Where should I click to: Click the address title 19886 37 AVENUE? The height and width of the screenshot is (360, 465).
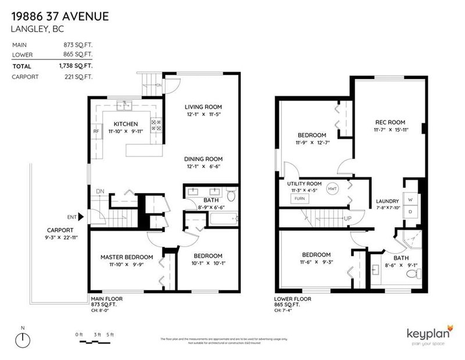(59, 17)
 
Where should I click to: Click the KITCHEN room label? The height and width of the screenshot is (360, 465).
(126, 124)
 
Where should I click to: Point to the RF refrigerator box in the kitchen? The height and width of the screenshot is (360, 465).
(96, 131)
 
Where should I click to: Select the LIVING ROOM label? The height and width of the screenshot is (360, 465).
(203, 107)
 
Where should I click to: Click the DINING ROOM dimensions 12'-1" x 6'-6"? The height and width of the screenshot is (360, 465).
(203, 167)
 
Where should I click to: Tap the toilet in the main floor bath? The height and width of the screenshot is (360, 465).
(231, 197)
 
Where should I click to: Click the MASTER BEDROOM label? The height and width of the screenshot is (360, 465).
(126, 256)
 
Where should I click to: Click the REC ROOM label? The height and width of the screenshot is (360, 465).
(390, 122)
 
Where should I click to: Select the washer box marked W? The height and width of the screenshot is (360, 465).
(411, 199)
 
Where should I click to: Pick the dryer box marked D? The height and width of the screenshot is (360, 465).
(411, 211)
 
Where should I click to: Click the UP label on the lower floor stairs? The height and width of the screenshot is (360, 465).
(348, 219)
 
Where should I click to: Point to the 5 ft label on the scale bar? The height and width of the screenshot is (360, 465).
(111, 334)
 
